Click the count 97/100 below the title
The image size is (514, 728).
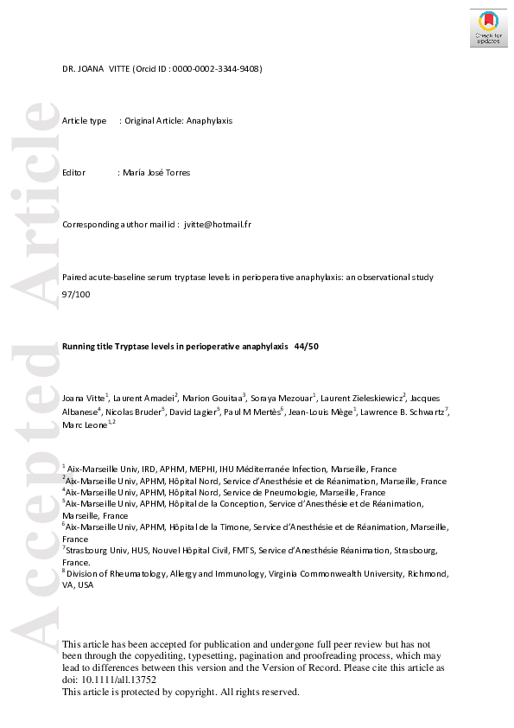74,294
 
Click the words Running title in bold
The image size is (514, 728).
85,346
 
